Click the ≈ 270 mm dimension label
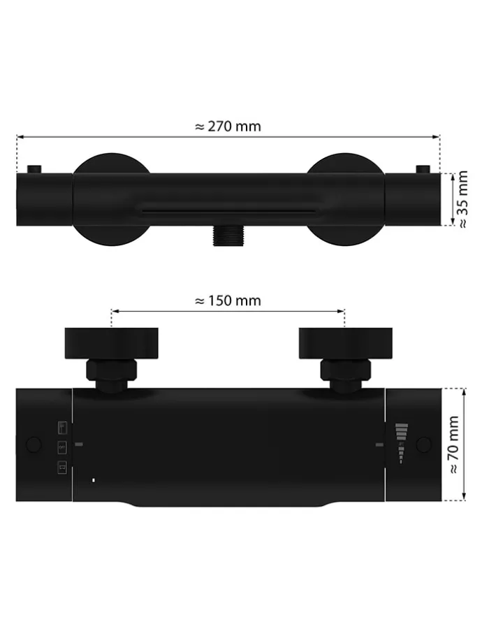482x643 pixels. coord(227,127)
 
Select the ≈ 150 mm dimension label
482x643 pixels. coord(227,301)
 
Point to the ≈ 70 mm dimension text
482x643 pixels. coord(454,445)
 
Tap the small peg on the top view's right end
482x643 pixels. coord(422,170)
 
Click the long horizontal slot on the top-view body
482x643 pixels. coord(228,208)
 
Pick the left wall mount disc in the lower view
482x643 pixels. coord(112,342)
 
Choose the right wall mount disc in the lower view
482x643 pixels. coord(344,342)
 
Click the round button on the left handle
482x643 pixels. coord(33,445)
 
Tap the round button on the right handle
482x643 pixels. coord(424,445)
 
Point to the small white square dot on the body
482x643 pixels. coord(94,479)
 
